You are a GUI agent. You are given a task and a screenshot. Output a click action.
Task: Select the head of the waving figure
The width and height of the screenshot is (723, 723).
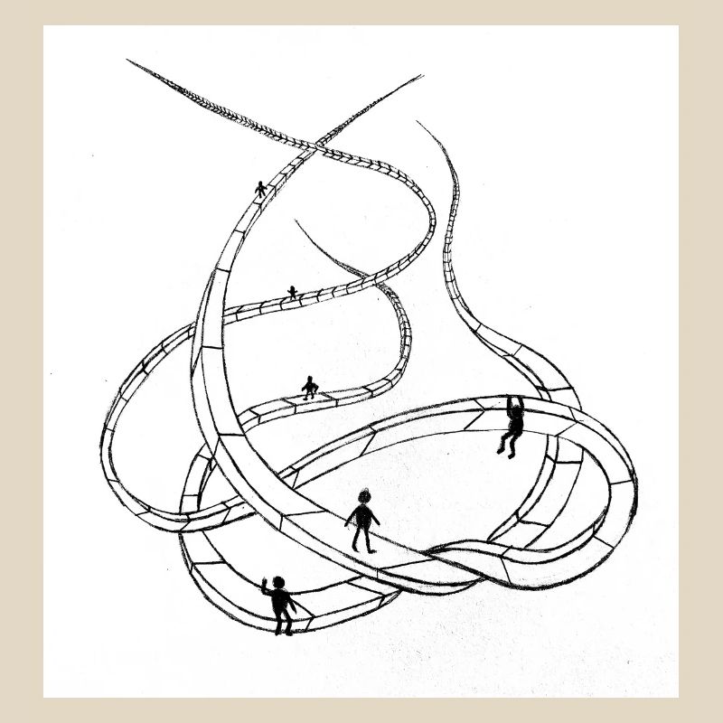(278, 582)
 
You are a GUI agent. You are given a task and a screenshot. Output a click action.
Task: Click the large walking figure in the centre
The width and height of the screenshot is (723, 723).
(362, 521)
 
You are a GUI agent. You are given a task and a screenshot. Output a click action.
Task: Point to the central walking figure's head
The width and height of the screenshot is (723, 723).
(364, 497)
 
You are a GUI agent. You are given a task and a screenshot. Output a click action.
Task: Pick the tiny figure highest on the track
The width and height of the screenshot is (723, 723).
(261, 189)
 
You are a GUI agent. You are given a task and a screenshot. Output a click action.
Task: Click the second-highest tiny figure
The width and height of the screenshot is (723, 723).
(292, 292)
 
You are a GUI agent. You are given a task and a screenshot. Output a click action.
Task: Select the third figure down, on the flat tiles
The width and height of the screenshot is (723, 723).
(310, 387)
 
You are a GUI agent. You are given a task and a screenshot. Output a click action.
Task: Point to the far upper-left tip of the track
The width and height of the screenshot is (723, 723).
(128, 61)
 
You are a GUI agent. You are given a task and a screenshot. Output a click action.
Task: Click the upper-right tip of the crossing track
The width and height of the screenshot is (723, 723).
(420, 76)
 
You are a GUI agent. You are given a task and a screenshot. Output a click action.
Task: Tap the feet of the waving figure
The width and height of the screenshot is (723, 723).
(284, 630)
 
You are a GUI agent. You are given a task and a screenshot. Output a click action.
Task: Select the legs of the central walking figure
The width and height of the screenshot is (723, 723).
(362, 540)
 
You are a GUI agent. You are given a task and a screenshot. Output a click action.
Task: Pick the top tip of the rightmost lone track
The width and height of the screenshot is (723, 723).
(418, 122)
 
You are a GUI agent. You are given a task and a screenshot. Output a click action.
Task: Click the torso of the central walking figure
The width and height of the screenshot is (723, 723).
(362, 517)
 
